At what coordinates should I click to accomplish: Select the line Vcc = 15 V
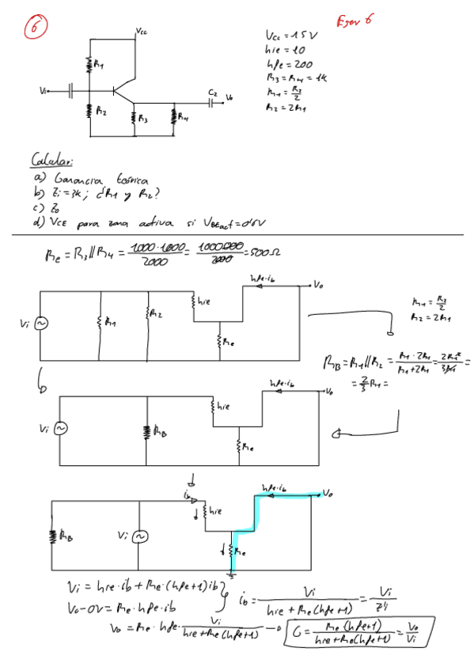coord(290,36)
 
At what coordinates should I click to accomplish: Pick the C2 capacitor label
coord(212,93)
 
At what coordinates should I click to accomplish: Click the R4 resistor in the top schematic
coord(173,120)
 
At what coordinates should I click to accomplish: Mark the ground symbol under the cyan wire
coord(232,572)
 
